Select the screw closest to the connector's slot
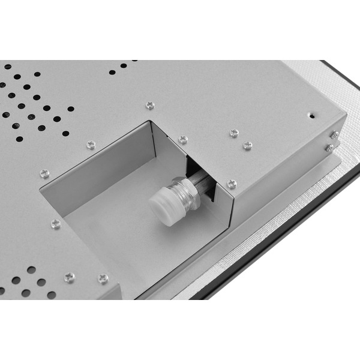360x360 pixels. coord(232,184)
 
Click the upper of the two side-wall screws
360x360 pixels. coord(334,134)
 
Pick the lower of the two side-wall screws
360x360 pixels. coord(329,147)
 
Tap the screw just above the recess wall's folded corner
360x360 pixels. coord(183,139)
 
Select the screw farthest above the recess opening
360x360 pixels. coord(150,106)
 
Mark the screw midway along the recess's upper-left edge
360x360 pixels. coord(91,145)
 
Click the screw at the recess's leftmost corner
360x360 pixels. coord(44,173)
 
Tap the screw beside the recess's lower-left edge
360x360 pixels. coord(56,224)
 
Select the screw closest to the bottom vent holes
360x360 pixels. coord(70,277)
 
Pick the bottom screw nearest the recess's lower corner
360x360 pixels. coord(103,278)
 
